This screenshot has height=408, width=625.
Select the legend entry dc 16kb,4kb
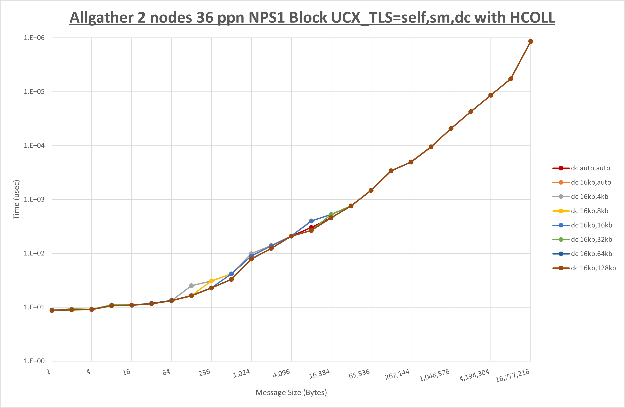[589, 197]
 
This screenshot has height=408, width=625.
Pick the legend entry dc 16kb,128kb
[593, 268]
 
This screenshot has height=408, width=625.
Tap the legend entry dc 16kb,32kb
[591, 239]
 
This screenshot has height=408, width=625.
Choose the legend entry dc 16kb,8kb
[589, 211]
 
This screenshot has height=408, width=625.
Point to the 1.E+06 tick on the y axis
[34, 38]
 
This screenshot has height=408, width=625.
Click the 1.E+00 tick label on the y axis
[34, 361]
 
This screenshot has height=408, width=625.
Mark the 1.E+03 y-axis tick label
[34, 199]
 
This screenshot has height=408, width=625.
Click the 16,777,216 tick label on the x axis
[512, 376]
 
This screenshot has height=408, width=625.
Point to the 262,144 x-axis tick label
[397, 374]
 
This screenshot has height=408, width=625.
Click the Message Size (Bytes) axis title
[291, 392]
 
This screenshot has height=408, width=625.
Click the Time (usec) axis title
[16, 199]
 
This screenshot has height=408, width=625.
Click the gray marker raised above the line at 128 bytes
[191, 286]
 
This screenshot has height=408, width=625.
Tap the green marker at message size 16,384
[331, 214]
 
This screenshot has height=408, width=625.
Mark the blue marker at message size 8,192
[311, 221]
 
